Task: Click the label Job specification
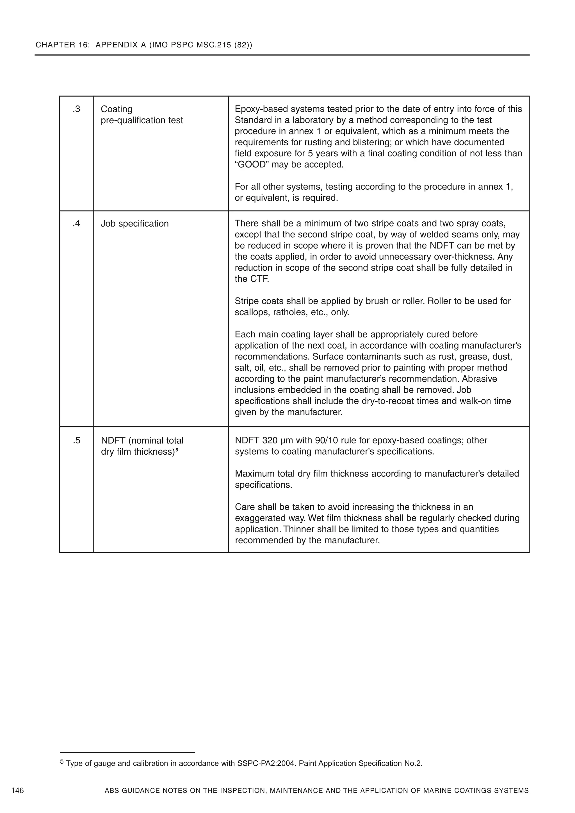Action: pos(135,223)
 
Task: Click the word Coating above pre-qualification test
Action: pos(117,109)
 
